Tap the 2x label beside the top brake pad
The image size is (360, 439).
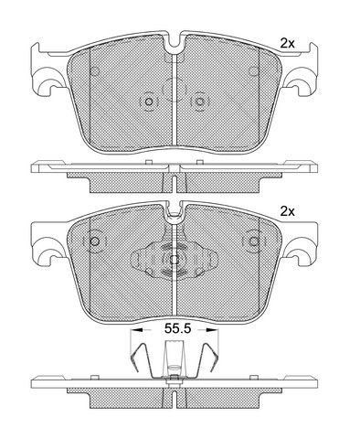pos(288,44)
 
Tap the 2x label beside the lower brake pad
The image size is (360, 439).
pos(288,211)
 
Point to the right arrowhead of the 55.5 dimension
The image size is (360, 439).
pos(210,330)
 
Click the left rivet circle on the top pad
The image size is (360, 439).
pos(149,102)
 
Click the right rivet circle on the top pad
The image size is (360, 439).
pos(199,102)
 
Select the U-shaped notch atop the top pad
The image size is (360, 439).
pos(174,41)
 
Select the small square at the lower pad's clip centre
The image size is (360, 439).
pos(174,260)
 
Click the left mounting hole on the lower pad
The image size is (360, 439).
pos(95,241)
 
